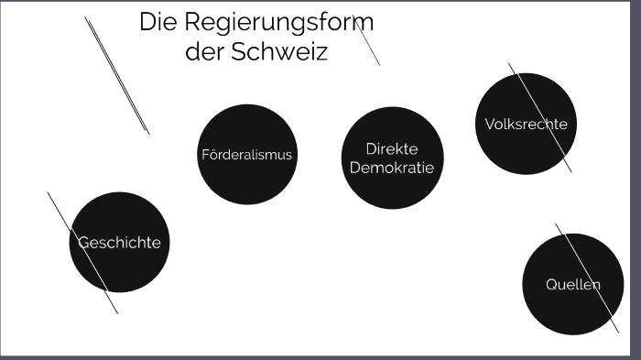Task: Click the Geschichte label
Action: [120, 243]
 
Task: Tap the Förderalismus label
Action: [246, 155]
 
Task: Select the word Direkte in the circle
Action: [391, 148]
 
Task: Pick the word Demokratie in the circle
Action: [391, 168]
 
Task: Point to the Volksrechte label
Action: [526, 125]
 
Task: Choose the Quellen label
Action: [573, 284]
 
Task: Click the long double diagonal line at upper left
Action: [116, 75]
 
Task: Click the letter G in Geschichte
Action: [82, 243]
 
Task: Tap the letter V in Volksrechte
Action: [489, 125]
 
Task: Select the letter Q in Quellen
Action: [551, 284]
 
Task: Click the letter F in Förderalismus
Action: [205, 155]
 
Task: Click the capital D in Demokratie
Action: [355, 168]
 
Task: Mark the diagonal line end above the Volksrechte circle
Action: [509, 64]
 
